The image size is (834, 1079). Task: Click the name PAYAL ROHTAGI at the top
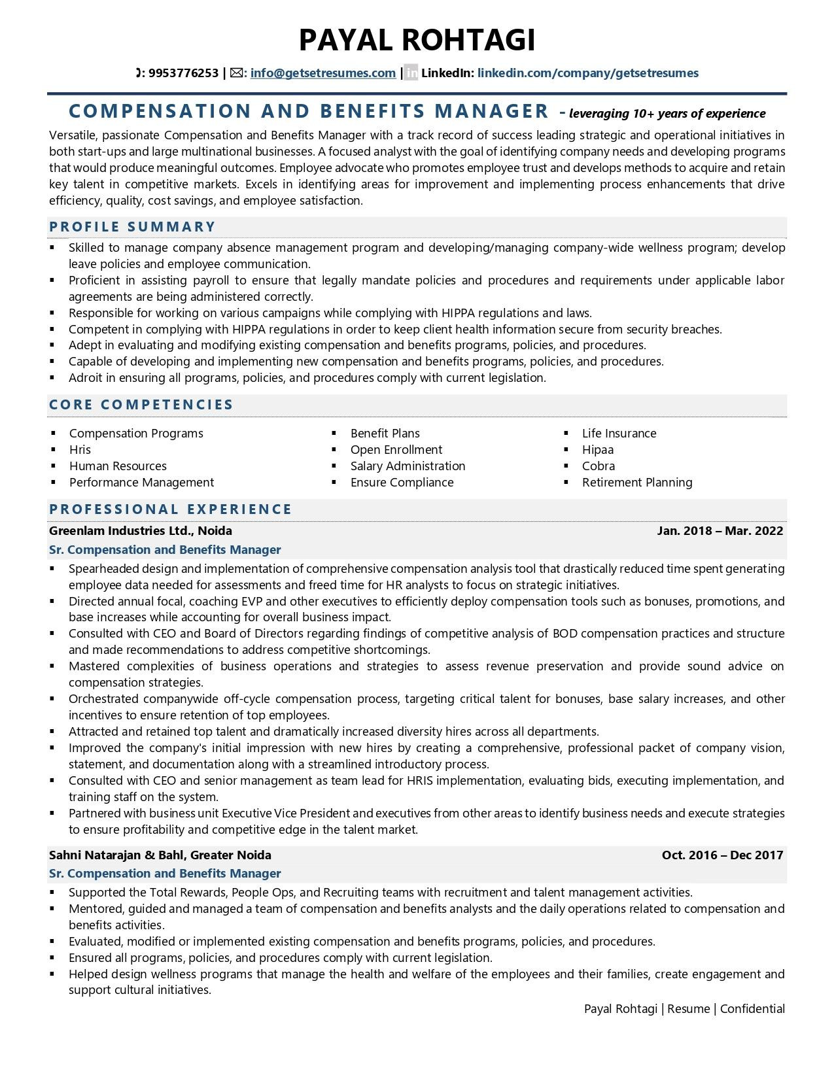[x=417, y=40]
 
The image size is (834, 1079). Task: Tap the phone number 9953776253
[x=183, y=73]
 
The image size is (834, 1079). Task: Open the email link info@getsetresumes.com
[x=322, y=73]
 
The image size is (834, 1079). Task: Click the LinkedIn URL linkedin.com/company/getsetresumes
[x=587, y=73]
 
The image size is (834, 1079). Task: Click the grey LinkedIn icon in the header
[x=411, y=73]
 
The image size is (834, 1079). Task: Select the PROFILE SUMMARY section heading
[x=132, y=227]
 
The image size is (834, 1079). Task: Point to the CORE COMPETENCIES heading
[x=141, y=405]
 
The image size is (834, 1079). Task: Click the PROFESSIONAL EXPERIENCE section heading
[x=170, y=509]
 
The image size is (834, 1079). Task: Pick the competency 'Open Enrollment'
[x=396, y=450]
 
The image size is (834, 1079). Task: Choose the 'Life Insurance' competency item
[x=619, y=434]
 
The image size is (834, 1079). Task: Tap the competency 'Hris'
[x=80, y=450]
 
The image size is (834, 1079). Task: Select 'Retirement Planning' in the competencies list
[x=636, y=483]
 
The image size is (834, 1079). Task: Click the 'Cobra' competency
[x=598, y=466]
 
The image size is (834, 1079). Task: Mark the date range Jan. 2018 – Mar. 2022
[x=720, y=531]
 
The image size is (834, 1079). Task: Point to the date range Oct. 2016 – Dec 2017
[x=722, y=855]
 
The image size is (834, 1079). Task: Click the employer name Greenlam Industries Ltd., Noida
[x=140, y=531]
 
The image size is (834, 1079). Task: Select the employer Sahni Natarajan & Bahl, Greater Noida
[x=160, y=855]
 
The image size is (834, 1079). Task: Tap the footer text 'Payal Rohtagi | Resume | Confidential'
[x=684, y=1009]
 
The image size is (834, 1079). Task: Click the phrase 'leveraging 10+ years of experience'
[x=667, y=114]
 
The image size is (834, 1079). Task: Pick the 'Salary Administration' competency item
[x=408, y=466]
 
